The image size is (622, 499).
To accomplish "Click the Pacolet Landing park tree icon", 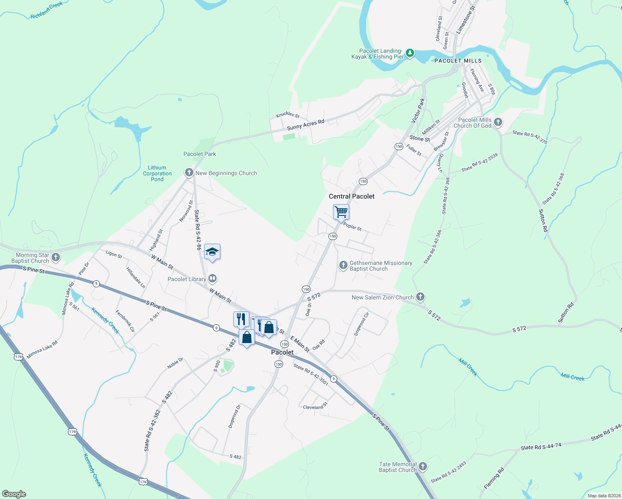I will [410, 53].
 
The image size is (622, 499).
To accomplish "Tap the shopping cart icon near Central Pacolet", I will [341, 212].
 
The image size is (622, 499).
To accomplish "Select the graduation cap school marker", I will [212, 252].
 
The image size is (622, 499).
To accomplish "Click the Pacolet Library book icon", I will [212, 278].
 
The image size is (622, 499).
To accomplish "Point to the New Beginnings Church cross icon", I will [189, 173].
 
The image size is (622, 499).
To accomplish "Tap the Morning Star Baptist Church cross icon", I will [56, 257].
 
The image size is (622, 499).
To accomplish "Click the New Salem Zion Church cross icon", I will [420, 296].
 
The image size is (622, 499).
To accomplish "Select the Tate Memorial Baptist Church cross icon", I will [423, 466].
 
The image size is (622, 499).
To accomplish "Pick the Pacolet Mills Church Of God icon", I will [498, 122].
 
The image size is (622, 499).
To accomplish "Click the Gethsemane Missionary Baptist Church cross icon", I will [343, 265].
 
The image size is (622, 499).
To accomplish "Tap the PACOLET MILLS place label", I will [458, 61].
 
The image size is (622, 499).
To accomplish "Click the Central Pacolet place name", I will [352, 196].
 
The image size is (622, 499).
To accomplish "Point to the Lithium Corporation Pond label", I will [157, 173].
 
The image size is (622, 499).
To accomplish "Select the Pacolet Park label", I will [200, 154].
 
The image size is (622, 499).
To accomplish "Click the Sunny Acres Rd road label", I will [306, 125].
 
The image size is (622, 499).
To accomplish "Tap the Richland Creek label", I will [47, 10].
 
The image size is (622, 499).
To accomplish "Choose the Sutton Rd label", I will [543, 220].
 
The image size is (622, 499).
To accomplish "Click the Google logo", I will [14, 494].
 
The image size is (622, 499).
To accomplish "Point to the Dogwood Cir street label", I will [361, 324].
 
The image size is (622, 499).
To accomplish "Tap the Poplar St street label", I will [353, 227].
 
